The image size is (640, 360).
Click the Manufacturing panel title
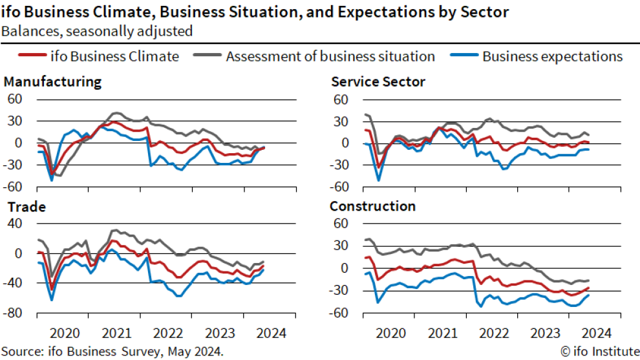click(53, 82)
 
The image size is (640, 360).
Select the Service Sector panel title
click(378, 82)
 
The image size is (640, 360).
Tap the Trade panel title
click(25, 207)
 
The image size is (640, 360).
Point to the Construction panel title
click(372, 207)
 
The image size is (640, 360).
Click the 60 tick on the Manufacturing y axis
click(14, 99)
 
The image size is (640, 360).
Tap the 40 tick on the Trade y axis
click(14, 224)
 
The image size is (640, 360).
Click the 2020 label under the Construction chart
click(389, 334)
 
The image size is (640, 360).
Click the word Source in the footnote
click(19, 352)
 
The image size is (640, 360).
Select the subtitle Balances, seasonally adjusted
click(96, 30)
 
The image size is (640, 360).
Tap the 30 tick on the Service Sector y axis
click(341, 121)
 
